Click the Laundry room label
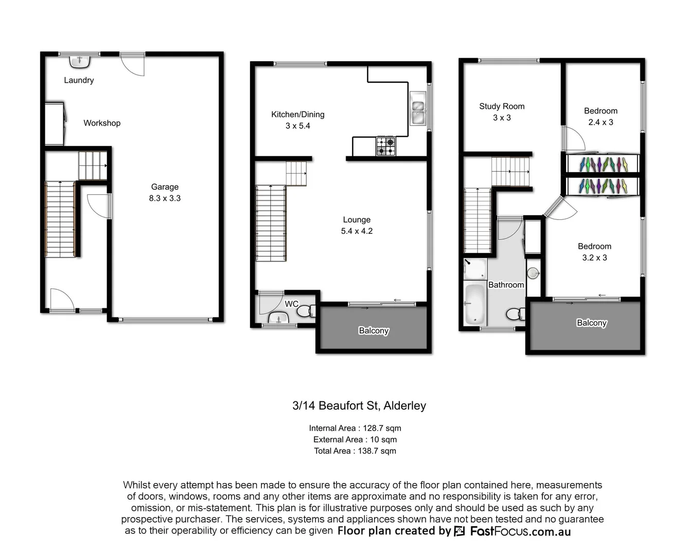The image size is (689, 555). coord(79,80)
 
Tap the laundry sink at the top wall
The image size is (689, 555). coord(80,62)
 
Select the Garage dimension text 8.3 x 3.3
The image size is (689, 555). coord(165,198)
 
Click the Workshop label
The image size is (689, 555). coord(102,123)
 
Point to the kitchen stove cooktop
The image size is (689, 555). coord(386,146)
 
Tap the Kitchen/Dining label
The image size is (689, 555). coord(297,115)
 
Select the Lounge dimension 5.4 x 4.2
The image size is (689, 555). coord(357,231)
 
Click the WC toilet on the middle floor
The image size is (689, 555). coord(305,310)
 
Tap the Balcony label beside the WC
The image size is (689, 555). coord(374,330)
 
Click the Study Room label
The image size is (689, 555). coord(502,106)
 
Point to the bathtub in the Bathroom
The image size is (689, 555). coord(474,304)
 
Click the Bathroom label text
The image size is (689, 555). coord(506,285)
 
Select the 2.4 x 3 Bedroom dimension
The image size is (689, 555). coord(600,122)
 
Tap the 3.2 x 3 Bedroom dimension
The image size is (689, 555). coord(594,258)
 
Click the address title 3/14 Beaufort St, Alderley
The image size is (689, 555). coord(359,405)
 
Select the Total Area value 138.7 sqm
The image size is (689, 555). coord(377,451)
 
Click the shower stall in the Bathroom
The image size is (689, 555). coord(474,269)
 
